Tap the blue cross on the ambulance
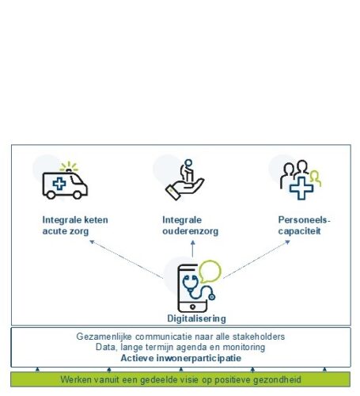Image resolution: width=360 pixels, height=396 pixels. (59, 184)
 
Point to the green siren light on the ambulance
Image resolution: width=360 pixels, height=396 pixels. (69, 167)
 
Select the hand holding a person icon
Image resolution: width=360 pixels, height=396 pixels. (184, 180)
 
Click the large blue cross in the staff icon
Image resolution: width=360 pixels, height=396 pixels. (301, 188)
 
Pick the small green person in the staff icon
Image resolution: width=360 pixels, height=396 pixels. (316, 177)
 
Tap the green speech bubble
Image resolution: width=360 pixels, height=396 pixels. (210, 272)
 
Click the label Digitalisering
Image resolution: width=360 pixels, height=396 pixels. (196, 318)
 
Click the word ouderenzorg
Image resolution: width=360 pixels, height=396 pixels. (191, 231)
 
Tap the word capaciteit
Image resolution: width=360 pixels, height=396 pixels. (299, 231)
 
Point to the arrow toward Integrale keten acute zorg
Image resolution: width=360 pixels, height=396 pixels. (127, 259)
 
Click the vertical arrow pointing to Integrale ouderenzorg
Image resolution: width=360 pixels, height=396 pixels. (193, 249)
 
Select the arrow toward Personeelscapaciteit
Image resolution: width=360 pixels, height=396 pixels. (256, 259)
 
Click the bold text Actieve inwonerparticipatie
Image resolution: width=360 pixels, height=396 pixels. (181, 358)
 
